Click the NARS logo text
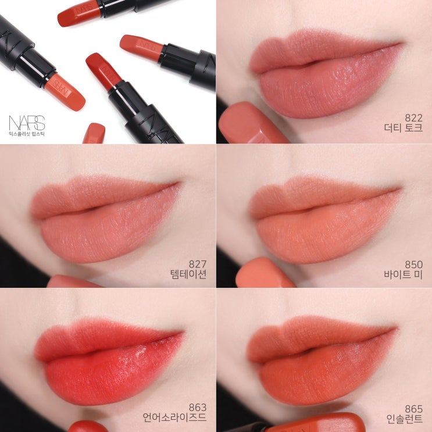(27, 123)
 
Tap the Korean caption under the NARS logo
(27, 134)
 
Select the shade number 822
(413, 118)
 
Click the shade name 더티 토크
(404, 128)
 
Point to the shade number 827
(198, 264)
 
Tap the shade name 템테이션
(188, 274)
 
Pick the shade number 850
(413, 265)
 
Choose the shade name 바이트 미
(404, 274)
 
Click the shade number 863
(198, 407)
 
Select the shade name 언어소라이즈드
(174, 417)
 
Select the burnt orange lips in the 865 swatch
(322, 360)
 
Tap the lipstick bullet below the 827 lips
(74, 281)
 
